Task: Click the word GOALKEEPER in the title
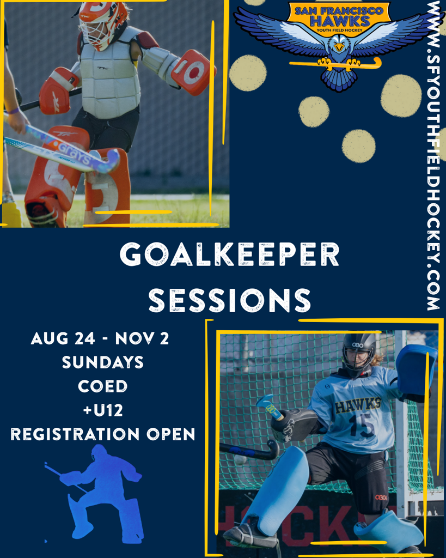229,254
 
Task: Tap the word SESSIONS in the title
230,301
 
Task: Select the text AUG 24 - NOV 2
100,338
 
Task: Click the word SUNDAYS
103,362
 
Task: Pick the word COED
103,386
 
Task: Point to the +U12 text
103,410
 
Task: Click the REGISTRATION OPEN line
103,434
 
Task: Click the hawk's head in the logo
339,45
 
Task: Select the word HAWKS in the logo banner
339,21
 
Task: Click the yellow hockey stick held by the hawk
336,64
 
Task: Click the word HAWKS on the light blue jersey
358,405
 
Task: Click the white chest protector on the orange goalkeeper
109,78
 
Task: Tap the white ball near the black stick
241,460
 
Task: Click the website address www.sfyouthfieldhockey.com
434,155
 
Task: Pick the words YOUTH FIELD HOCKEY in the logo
339,31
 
